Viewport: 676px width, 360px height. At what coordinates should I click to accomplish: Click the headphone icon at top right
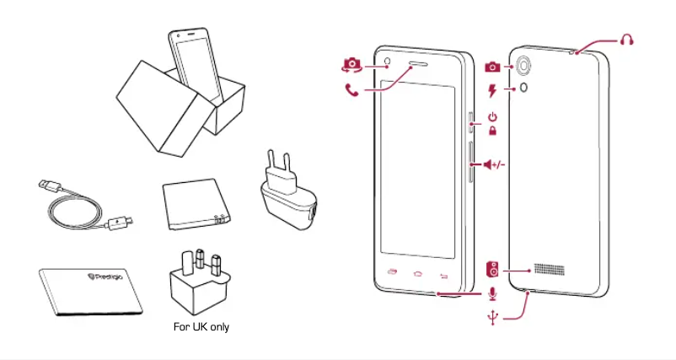tap(625, 40)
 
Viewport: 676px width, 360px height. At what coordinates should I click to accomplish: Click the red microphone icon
tap(493, 293)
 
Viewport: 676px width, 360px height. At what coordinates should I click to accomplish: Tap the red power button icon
tap(493, 116)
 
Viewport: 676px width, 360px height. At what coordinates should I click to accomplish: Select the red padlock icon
tap(493, 131)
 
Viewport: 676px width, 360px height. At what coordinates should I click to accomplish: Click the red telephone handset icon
tap(351, 89)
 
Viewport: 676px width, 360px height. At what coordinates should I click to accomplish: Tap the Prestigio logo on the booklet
tap(105, 274)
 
